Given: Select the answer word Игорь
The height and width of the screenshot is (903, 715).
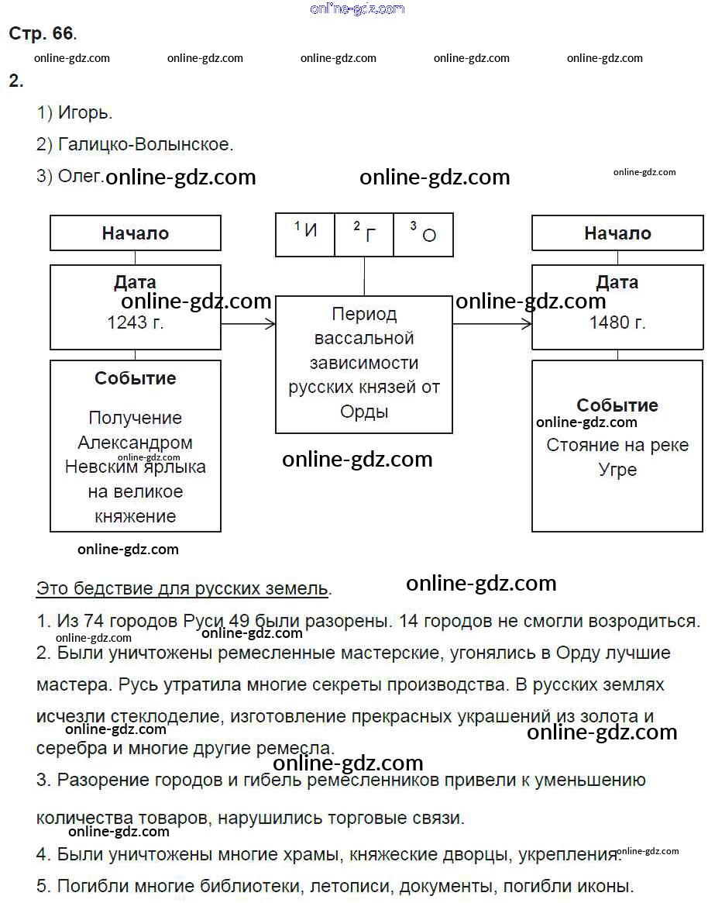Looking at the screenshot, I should click(84, 113).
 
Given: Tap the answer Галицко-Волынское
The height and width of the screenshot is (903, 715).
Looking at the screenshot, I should click(145, 144).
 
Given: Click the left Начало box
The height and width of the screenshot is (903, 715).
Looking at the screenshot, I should click(136, 233).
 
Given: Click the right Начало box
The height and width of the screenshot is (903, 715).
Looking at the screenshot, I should click(617, 233).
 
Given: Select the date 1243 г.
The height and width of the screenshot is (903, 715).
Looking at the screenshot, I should click(136, 322).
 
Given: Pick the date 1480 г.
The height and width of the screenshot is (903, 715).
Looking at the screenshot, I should click(617, 322).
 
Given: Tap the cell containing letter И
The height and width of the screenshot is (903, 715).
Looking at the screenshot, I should click(306, 232).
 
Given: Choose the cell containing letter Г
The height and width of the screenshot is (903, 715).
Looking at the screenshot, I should click(364, 232).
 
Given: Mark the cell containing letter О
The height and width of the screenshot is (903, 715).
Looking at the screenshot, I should click(424, 232).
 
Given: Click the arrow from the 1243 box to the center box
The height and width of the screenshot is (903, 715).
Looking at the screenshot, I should click(248, 323).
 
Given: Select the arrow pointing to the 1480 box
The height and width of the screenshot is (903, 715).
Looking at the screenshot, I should click(492, 323).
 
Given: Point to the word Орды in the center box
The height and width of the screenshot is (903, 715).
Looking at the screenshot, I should click(364, 412).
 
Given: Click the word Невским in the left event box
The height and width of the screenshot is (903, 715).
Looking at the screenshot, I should click(100, 467).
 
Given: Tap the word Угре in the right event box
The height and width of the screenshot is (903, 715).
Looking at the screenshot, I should click(617, 470).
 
